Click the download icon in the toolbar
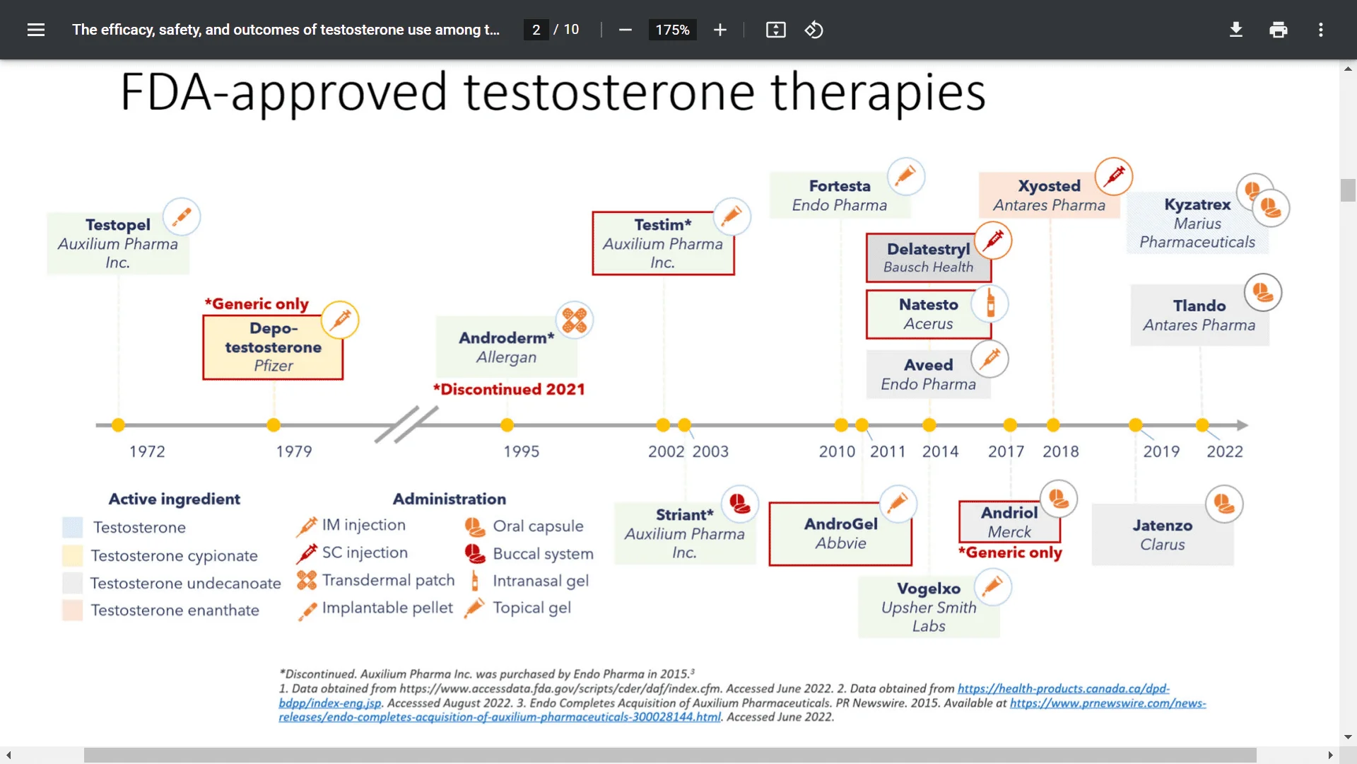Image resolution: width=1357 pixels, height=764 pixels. [1236, 30]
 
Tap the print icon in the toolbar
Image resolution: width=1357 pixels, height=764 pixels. [1279, 30]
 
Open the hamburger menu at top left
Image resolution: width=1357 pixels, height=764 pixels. [36, 30]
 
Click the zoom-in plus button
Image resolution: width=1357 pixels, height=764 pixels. [720, 30]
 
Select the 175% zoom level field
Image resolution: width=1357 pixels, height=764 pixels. [672, 30]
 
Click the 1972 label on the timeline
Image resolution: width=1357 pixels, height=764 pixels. [147, 451]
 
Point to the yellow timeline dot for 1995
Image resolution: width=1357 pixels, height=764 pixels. [507, 425]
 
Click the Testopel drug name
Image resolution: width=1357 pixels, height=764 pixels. [118, 225]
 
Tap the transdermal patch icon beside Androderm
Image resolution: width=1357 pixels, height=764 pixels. [575, 320]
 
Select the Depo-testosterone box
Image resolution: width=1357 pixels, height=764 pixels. [273, 347]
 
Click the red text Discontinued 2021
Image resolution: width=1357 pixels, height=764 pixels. [509, 389]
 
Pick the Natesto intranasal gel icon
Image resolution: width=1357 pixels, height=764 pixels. [990, 303]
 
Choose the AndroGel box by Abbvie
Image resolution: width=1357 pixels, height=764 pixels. [840, 534]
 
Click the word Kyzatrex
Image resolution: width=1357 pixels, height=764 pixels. [1197, 204]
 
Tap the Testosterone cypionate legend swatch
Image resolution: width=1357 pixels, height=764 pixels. [72, 556]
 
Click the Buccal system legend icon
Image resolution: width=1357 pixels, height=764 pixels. [475, 554]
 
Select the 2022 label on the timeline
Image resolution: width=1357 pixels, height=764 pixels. [1225, 451]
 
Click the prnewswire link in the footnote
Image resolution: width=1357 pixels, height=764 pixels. [742, 710]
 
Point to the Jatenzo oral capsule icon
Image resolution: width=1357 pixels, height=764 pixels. [1224, 504]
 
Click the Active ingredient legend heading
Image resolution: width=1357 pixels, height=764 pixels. [175, 499]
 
